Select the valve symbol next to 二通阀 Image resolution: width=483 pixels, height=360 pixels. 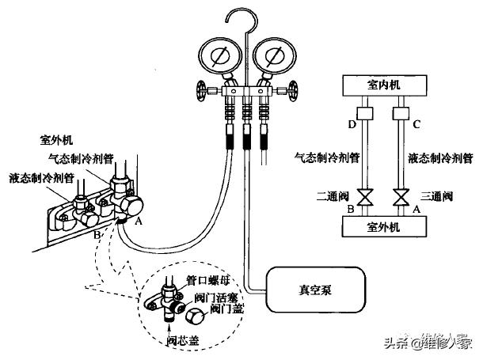pyautogui.click(x=365, y=198)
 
